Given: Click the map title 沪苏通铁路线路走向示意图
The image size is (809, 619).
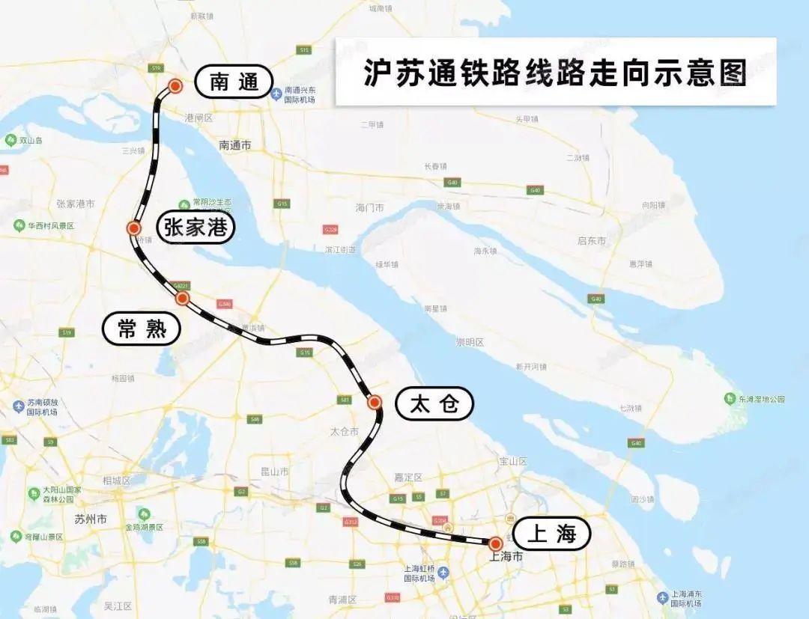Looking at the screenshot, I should pyautogui.click(x=555, y=73).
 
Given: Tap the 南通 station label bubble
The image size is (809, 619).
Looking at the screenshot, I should pyautogui.click(x=233, y=82).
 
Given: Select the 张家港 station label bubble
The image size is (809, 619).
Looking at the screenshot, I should pyautogui.click(x=196, y=227).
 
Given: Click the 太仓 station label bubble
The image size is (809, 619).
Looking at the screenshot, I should pyautogui.click(x=434, y=404).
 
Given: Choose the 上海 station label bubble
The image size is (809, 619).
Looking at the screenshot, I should pyautogui.click(x=552, y=534).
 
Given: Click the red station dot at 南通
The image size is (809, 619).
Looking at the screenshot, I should pyautogui.click(x=175, y=86).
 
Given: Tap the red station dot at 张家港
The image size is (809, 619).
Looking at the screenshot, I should pyautogui.click(x=134, y=228).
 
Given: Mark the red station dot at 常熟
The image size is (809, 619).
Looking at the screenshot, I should pyautogui.click(x=182, y=299).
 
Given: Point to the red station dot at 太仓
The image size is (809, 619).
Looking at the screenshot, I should pyautogui.click(x=375, y=403).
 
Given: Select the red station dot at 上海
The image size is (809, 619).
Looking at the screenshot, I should pyautogui.click(x=495, y=543).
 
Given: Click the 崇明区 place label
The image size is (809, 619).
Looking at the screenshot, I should pyautogui.click(x=470, y=342).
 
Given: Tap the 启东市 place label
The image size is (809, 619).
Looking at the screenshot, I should pyautogui.click(x=592, y=241).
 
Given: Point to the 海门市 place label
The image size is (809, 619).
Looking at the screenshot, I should pyautogui.click(x=369, y=207).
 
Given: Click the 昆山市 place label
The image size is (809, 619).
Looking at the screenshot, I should pyautogui.click(x=274, y=472).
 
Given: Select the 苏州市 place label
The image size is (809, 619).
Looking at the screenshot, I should pyautogui.click(x=91, y=519).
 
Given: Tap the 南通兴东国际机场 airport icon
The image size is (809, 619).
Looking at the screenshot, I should pyautogui.click(x=276, y=94).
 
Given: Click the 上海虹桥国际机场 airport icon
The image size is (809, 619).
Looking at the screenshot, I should pyautogui.click(x=444, y=573).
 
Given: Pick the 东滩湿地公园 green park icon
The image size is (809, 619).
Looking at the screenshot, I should pyautogui.click(x=729, y=399).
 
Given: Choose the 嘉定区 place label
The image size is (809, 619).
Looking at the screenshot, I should pyautogui.click(x=408, y=477).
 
